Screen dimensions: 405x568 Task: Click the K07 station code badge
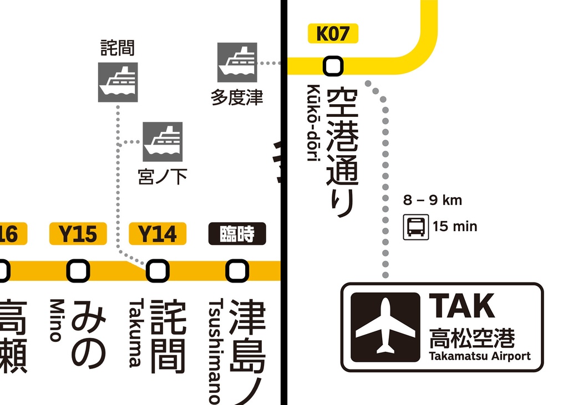333,34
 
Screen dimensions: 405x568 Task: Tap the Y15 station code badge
78,234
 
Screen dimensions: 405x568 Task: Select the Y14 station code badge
158,234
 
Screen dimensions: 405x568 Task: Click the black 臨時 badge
237,234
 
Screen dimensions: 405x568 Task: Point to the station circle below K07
333,66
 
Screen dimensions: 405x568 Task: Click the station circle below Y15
78,270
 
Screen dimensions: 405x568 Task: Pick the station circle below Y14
158,270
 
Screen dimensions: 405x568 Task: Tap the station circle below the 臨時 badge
237,270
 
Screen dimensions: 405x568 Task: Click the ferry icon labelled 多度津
237,62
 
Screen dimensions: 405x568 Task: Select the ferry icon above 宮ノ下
163,142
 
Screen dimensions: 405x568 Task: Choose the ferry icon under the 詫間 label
118,82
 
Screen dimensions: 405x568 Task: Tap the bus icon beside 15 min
416,227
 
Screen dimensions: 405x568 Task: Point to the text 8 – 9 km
433,200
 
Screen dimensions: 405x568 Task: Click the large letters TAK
461,306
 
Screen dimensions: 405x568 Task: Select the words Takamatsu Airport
480,356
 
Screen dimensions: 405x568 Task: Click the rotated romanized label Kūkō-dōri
314,123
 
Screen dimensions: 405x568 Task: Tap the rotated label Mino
57,321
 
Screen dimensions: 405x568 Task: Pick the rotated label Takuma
135,333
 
